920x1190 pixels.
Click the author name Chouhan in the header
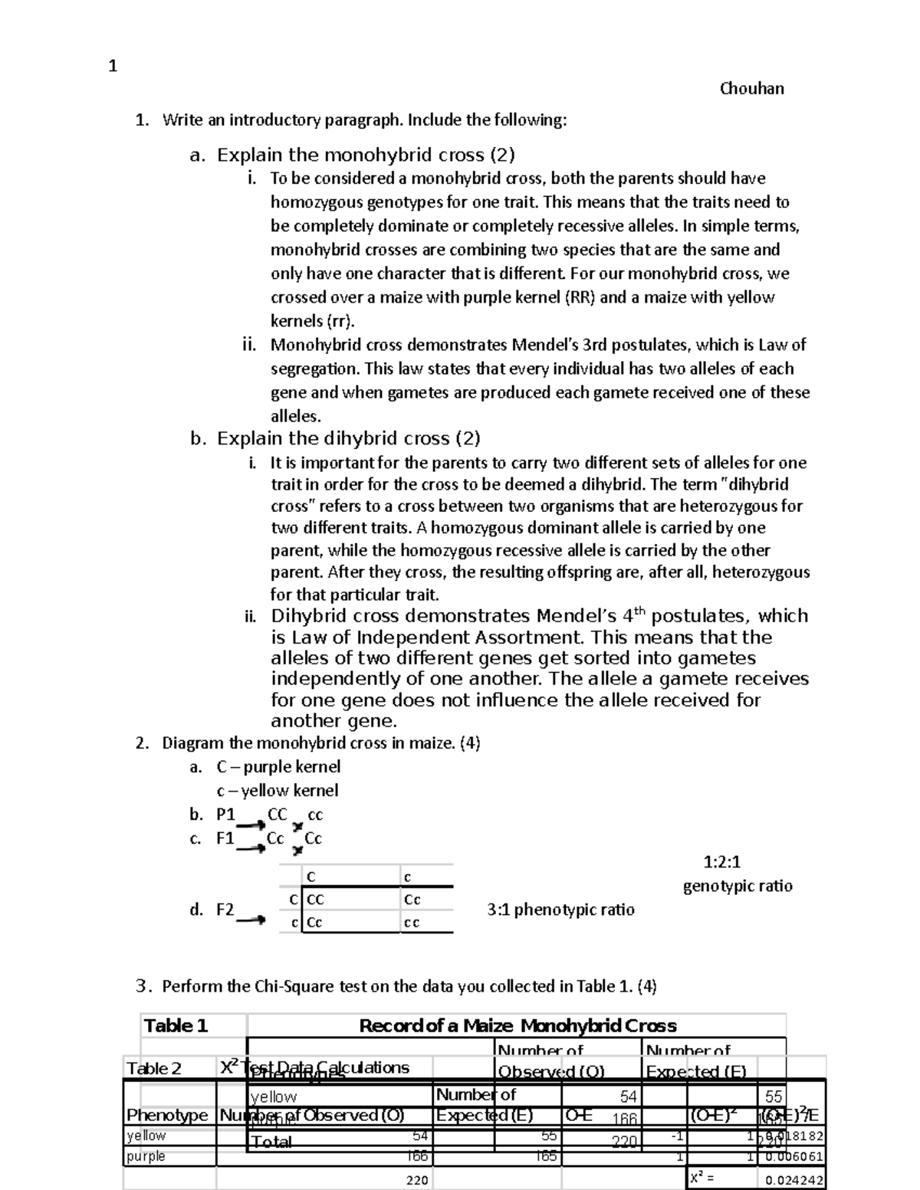(751, 88)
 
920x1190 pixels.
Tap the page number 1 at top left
(113, 67)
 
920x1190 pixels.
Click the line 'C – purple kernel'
(278, 766)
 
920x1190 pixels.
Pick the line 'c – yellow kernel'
(277, 790)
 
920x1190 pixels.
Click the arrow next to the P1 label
(251, 824)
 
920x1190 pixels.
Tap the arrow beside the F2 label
(251, 920)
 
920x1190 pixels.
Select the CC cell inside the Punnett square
(315, 900)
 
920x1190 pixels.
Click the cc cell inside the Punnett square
(412, 923)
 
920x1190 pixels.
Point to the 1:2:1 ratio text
(721, 861)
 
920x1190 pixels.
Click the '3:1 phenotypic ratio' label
(560, 910)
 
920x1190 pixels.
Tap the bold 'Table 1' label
(176, 1025)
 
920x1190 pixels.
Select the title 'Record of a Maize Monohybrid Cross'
(517, 1025)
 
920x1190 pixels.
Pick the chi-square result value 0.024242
(790, 1180)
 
